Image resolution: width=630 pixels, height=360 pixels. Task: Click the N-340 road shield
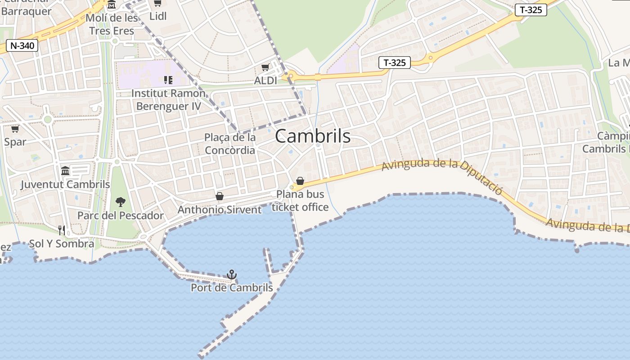point(22,45)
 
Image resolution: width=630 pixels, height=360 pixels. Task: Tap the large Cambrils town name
point(313,136)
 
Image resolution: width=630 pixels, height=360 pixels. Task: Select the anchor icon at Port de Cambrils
point(231,274)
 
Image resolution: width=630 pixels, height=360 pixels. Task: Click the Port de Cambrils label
point(232,288)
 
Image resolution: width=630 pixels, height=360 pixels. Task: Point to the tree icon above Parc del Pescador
point(120,202)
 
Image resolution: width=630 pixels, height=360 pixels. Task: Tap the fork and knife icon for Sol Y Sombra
point(62,230)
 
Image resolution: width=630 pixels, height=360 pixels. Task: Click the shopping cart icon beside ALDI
point(265,67)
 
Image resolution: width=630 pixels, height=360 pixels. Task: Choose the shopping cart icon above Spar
point(15,129)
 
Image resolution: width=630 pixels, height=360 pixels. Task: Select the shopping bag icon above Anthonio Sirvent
point(220,196)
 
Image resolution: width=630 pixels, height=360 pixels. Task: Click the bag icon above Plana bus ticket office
point(300,181)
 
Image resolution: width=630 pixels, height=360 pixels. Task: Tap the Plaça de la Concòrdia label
point(230,144)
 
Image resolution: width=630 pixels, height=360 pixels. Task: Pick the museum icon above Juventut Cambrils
point(65,171)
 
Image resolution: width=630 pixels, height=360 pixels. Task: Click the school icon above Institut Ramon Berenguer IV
point(168,80)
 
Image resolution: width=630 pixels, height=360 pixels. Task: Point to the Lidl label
point(158,16)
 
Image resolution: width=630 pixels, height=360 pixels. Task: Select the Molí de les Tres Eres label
point(112,24)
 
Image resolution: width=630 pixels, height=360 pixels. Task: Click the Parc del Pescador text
point(121,216)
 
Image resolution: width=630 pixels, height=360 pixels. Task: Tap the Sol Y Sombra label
point(62,244)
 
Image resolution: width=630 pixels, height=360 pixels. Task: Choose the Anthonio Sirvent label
point(220,210)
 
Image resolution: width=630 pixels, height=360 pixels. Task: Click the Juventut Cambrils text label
point(65,184)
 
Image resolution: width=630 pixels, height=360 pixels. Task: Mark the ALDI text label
point(265,81)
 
